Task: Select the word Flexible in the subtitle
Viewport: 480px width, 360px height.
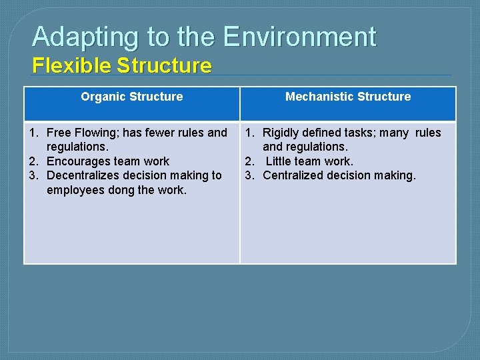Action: point(71,66)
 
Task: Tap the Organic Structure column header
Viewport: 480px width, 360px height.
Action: point(132,97)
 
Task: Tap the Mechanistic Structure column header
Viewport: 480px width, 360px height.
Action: point(348,97)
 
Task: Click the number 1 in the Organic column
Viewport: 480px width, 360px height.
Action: point(33,133)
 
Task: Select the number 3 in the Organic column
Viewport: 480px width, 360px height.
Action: point(33,175)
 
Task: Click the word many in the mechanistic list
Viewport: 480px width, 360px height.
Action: point(395,133)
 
